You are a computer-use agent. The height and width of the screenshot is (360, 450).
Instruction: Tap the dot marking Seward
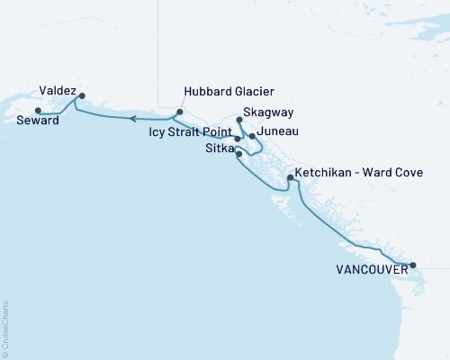pos(37,111)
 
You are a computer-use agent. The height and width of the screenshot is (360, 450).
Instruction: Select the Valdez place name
pos(58,91)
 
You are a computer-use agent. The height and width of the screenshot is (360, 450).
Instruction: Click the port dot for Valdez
pos(82,95)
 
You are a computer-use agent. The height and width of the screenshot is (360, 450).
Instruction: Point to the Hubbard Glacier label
pos(229,92)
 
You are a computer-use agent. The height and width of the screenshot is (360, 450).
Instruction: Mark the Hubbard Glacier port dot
pos(179,112)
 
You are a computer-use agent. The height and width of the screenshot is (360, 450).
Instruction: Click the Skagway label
pos(261,115)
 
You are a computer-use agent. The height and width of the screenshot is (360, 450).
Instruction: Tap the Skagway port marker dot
pos(238,119)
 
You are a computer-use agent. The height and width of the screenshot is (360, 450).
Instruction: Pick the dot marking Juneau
pos(252,136)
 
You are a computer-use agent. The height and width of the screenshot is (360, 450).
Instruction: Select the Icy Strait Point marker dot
pos(238,139)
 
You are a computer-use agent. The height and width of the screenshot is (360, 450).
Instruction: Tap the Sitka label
pos(217,148)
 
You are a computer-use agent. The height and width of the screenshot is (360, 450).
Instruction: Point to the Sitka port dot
pos(238,154)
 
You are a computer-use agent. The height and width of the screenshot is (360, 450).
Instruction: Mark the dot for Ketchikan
pos(289,177)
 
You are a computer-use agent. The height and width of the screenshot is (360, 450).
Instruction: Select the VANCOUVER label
pos(368,268)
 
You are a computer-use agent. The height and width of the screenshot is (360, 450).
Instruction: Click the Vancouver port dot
pos(413,265)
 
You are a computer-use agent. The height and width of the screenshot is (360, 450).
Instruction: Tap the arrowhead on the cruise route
pos(130,118)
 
